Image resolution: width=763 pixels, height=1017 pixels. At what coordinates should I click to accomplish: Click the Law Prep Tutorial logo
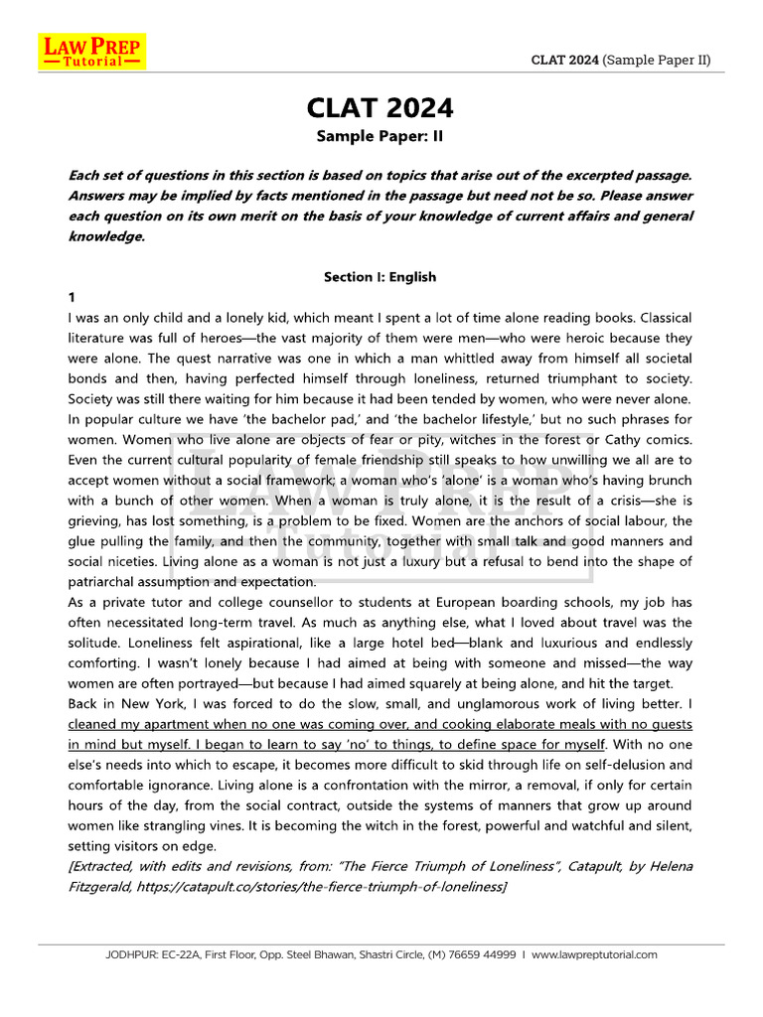(x=91, y=52)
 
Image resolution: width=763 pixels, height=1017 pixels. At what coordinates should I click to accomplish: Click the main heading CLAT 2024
(x=381, y=107)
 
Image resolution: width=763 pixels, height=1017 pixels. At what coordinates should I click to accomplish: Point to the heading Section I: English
(x=380, y=277)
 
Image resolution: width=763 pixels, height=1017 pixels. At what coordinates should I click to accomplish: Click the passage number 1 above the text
(x=72, y=298)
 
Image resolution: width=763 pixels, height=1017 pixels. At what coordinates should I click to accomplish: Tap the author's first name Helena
(x=668, y=866)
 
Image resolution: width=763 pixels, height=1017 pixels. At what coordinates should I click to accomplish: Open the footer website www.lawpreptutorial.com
(x=594, y=954)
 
